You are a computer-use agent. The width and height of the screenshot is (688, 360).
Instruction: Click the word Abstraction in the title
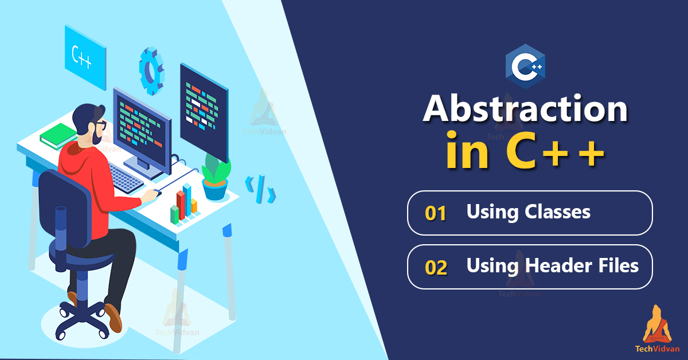(525, 109)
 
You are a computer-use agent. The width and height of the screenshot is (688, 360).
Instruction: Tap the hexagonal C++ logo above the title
(525, 66)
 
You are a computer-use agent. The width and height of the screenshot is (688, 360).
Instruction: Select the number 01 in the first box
(436, 213)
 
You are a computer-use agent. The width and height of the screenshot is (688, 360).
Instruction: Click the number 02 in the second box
(436, 268)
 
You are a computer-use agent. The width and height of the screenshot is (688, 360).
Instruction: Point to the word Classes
(557, 212)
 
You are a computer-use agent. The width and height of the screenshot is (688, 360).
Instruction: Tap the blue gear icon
(151, 71)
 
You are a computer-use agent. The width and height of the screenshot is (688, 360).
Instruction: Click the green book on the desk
(58, 136)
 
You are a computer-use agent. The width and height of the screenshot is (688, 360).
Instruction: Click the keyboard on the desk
(126, 178)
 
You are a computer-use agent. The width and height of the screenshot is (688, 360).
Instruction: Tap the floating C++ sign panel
(85, 57)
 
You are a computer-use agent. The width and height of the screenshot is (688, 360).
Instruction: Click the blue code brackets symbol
(260, 189)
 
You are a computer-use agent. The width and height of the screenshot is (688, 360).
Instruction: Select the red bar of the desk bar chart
(181, 205)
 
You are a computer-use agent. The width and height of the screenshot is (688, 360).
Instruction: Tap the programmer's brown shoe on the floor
(114, 318)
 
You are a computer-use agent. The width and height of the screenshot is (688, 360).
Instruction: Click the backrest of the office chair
(65, 209)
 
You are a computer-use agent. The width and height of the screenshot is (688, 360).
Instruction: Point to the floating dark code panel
(204, 112)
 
